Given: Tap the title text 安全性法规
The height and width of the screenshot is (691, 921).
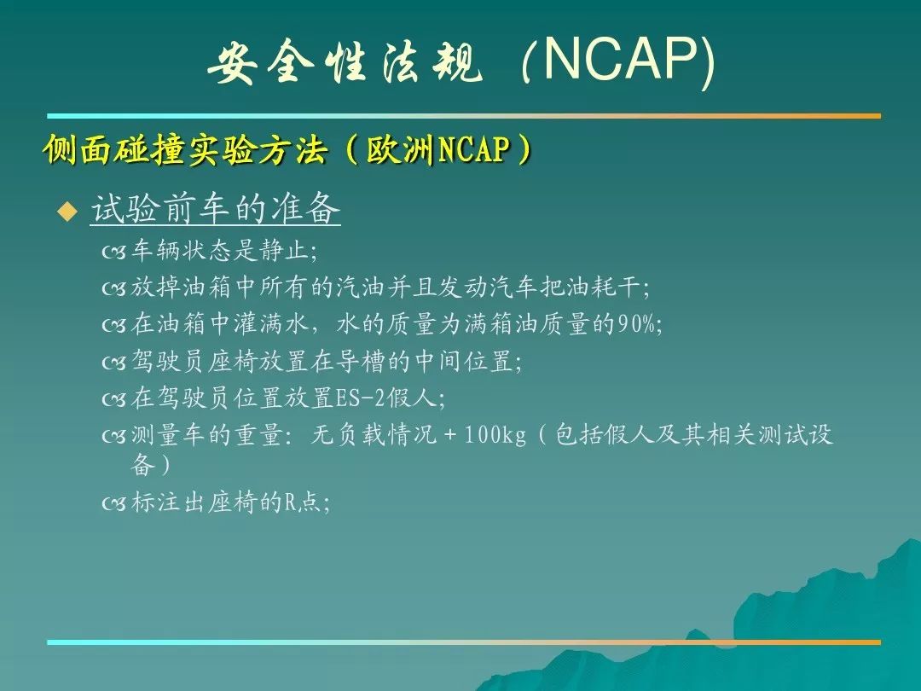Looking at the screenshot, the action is tap(345, 62).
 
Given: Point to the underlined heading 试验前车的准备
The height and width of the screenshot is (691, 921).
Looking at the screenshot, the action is tap(216, 208).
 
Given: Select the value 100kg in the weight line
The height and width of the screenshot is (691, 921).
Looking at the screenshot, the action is tap(495, 435).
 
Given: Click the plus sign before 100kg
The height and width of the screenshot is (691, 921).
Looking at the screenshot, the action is tap(450, 435).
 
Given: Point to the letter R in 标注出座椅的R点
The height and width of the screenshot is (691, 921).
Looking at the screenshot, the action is tap(291, 503).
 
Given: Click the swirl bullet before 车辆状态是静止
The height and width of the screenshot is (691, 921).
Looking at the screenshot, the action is tap(114, 252).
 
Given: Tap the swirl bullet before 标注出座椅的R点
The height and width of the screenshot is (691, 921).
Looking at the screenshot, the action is tap(114, 503).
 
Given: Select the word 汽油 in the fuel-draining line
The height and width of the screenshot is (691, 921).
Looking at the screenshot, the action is tap(361, 287).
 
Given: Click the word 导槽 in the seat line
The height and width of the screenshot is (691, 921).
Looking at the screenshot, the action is tap(361, 361).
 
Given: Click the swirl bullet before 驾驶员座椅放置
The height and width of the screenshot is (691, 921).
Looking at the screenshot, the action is tap(114, 363).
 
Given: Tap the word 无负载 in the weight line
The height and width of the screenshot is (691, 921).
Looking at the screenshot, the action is tap(347, 435).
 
